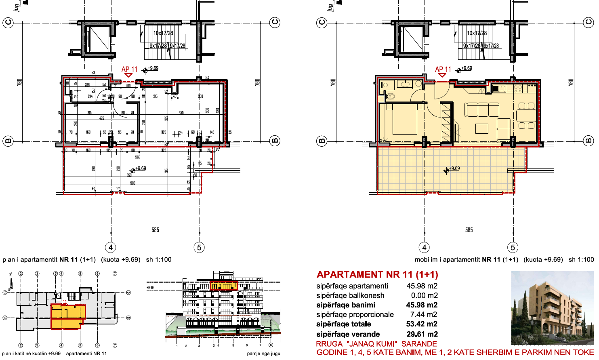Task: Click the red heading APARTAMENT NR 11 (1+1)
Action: point(377,275)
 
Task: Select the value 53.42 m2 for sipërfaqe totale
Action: point(422,324)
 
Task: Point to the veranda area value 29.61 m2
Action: point(422,334)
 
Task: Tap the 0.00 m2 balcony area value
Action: point(424,295)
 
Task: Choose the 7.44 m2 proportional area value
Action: point(423,314)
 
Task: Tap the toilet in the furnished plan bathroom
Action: point(390,97)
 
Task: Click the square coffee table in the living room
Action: point(482,128)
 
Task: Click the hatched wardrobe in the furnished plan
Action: point(446,122)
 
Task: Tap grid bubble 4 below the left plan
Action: point(111,247)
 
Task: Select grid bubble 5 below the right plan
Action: point(513,247)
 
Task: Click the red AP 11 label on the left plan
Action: point(129,69)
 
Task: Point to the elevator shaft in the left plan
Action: point(99,39)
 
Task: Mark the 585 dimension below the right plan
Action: point(469,230)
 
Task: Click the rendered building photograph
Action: point(552,308)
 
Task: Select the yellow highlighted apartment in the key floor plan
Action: point(67,316)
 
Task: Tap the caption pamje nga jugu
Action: point(263,354)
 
